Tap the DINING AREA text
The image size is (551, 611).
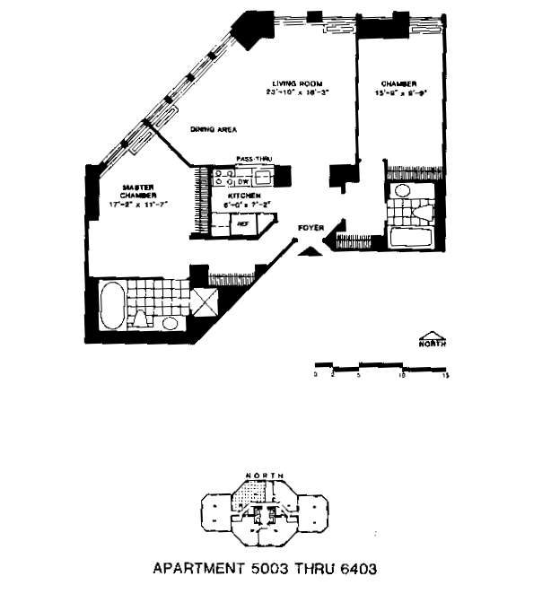click(x=213, y=130)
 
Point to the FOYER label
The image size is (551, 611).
click(x=310, y=228)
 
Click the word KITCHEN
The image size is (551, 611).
click(x=242, y=196)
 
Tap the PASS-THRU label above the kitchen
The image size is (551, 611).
click(x=254, y=159)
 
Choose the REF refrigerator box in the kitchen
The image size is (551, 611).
click(x=242, y=224)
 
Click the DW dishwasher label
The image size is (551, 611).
click(x=242, y=181)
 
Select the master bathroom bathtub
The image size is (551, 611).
click(x=114, y=306)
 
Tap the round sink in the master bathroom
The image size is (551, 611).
click(x=170, y=321)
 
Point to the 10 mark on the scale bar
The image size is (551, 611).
click(x=401, y=376)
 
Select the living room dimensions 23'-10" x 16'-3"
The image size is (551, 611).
click(x=293, y=93)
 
